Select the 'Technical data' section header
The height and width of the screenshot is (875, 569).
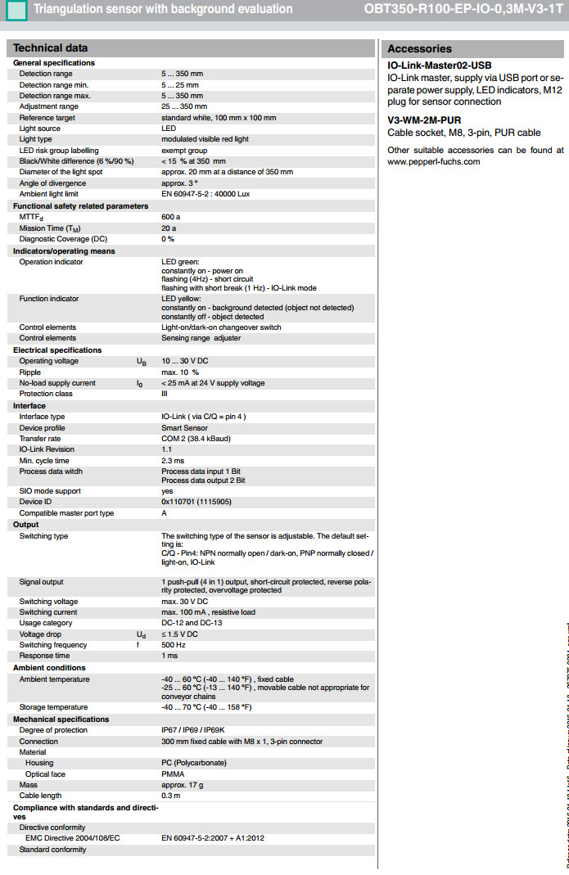51,48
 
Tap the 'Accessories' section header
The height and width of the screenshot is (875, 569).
419,48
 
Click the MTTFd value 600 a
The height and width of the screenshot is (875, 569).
170,217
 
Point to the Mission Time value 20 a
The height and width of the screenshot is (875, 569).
169,228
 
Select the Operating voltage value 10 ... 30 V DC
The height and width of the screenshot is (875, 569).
186,361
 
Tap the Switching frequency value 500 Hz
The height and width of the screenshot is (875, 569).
173,645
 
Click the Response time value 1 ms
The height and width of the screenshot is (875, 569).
169,656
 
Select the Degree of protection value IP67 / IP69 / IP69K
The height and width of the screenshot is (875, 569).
201,730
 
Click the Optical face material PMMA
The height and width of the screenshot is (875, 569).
172,774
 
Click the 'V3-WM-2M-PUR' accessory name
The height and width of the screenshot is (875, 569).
424,120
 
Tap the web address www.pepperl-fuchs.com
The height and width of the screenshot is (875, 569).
433,161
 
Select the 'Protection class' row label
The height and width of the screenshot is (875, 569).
46,394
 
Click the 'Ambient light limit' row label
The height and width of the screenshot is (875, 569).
49,194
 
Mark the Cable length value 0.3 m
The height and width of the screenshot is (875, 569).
170,796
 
